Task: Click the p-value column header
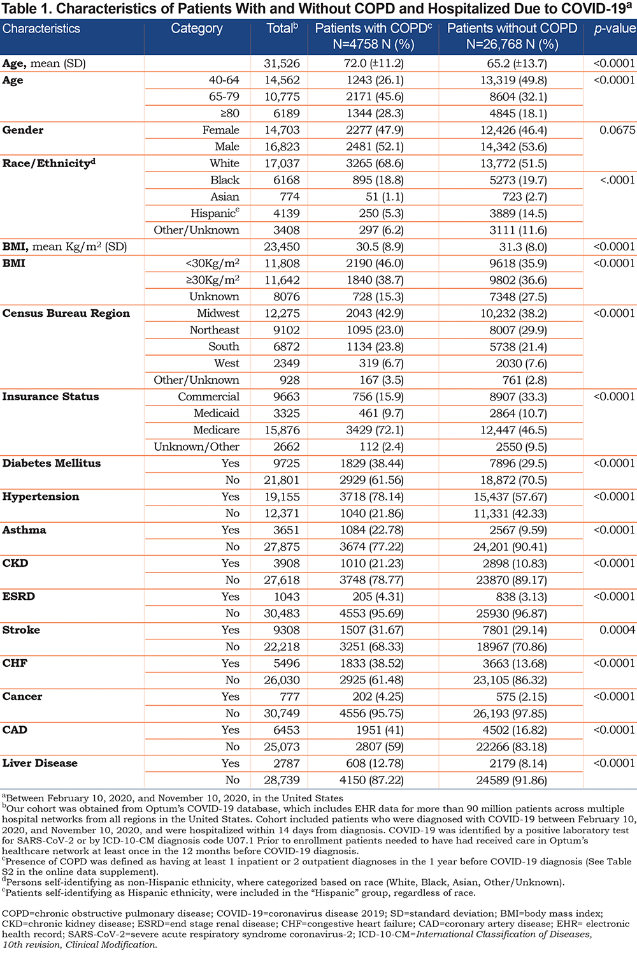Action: (615, 29)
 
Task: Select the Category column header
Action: (197, 29)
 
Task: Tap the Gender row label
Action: (23, 130)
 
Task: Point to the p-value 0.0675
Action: (617, 130)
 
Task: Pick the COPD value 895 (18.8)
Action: (375, 180)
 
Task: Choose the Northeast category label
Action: (214, 330)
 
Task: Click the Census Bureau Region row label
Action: (66, 314)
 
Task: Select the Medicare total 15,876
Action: (282, 430)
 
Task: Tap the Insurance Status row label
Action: (51, 397)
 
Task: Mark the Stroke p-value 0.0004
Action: (617, 630)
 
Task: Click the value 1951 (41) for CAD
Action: (380, 730)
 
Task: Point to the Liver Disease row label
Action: (40, 763)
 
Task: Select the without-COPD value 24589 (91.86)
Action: (512, 780)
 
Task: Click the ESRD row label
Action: (18, 597)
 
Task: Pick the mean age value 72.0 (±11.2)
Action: (374, 64)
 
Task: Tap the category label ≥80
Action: (230, 113)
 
